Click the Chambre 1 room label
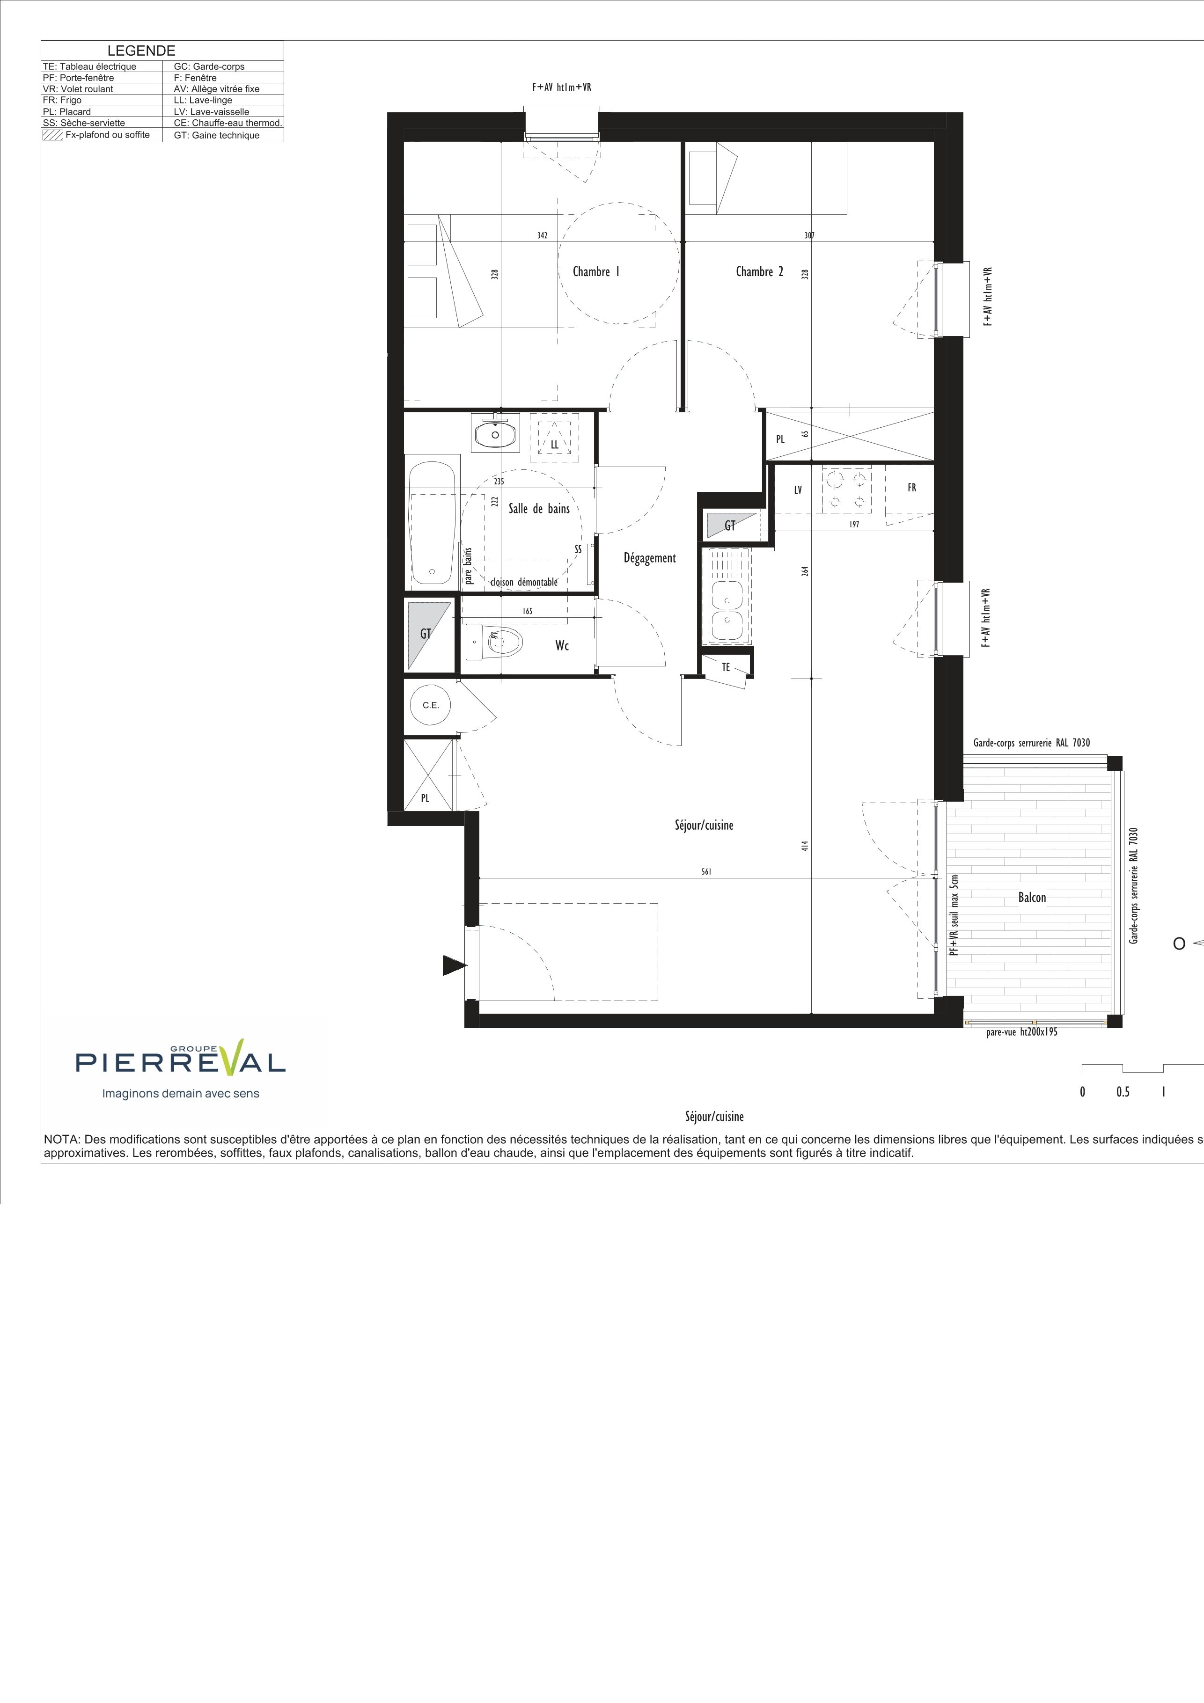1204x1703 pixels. pos(596,271)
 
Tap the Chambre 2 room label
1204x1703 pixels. pos(759,271)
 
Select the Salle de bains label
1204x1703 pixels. pos(539,509)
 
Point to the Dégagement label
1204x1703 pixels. pos(650,558)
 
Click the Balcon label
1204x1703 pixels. pos(1032,898)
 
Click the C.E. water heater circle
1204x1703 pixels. pos(431,705)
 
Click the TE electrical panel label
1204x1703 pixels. pos(726,667)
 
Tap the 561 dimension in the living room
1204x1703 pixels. pos(706,872)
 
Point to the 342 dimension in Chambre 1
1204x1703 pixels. pos(542,236)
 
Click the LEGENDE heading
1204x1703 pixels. pos(142,51)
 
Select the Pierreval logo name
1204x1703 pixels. pos(180,1062)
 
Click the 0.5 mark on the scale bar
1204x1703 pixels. pos(1123,1092)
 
